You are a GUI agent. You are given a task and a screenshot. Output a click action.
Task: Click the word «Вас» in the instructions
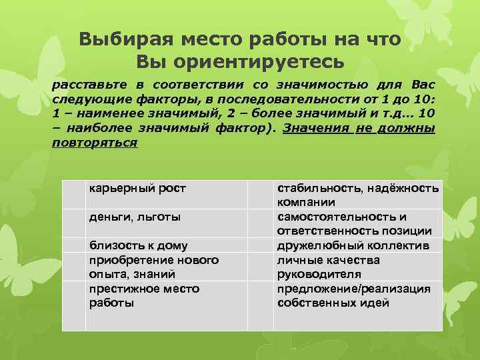(423, 85)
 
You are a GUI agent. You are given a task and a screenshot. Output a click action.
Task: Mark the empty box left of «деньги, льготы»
(73, 224)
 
